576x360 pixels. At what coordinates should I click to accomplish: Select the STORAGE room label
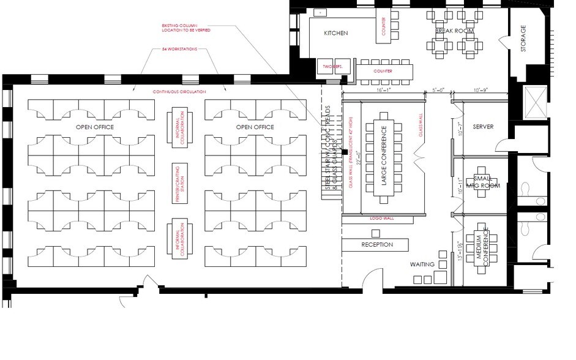[523, 39]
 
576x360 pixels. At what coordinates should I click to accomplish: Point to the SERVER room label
[483, 127]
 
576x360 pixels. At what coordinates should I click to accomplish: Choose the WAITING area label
[422, 264]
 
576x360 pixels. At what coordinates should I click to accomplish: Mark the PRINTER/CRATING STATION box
[179, 182]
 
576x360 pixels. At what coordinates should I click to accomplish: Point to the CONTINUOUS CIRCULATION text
[179, 91]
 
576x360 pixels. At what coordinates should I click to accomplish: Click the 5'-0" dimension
[439, 90]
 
